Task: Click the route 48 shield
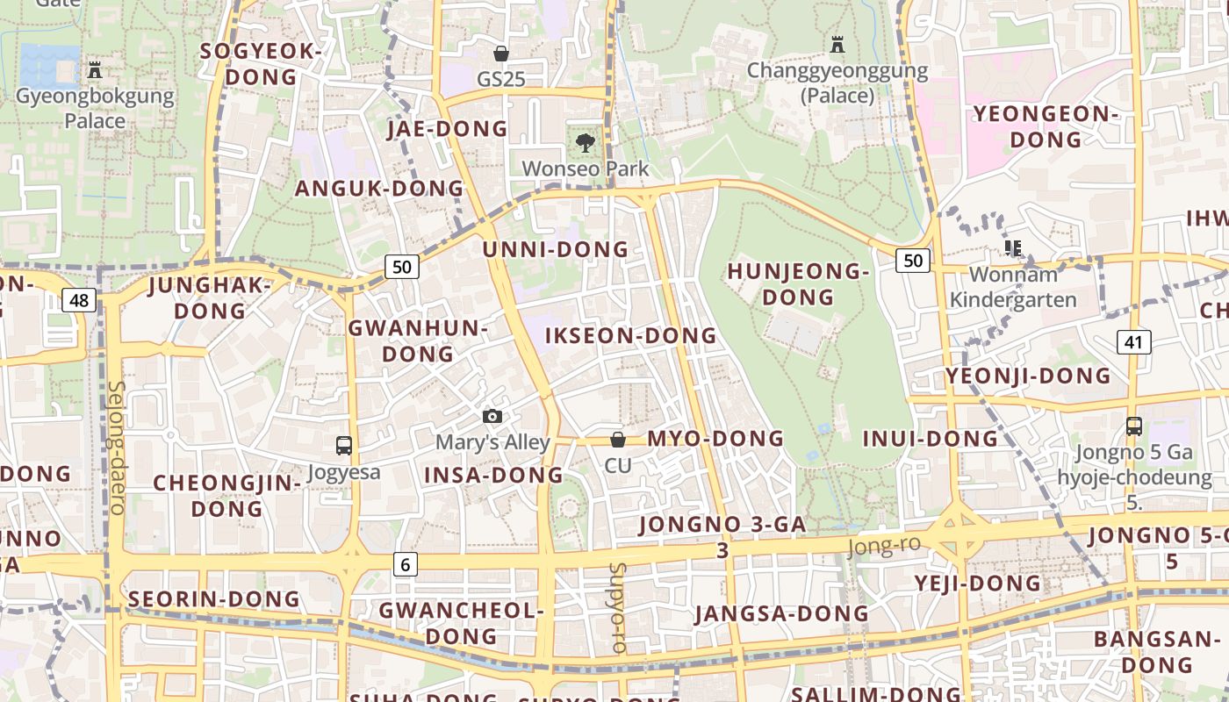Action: pyautogui.click(x=79, y=301)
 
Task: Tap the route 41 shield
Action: pyautogui.click(x=1133, y=341)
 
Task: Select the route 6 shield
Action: pyautogui.click(x=405, y=564)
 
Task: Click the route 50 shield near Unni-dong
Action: pyautogui.click(x=401, y=267)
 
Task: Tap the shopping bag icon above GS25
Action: pyautogui.click(x=501, y=54)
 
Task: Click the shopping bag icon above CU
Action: pyautogui.click(x=618, y=439)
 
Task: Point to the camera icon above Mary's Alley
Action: pyautogui.click(x=492, y=416)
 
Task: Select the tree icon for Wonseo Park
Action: pyautogui.click(x=585, y=142)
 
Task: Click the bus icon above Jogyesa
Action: pyautogui.click(x=344, y=446)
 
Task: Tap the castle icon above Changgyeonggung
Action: pyautogui.click(x=837, y=44)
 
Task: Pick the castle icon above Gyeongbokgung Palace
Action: pyautogui.click(x=95, y=69)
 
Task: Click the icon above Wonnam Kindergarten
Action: pyautogui.click(x=1014, y=248)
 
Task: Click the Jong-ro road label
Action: pyautogui.click(x=884, y=547)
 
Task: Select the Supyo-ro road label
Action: pyautogui.click(x=617, y=607)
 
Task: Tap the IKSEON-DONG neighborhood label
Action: pyautogui.click(x=630, y=336)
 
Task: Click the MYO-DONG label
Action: pyautogui.click(x=715, y=439)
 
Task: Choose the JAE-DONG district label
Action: pyautogui.click(x=447, y=129)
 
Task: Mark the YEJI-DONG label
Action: pyautogui.click(x=977, y=584)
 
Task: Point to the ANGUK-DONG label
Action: pyautogui.click(x=378, y=189)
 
